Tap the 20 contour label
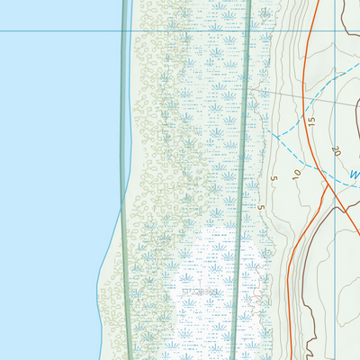click(x=336, y=150)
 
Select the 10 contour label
click(x=295, y=170)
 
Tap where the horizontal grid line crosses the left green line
click(x=123, y=31)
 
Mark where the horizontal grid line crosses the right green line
click(x=248, y=31)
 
